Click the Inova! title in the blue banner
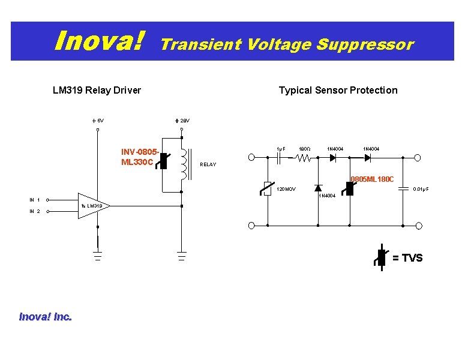(100, 41)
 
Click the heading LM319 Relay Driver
(97, 90)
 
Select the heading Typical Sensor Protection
(338, 90)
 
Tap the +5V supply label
(98, 121)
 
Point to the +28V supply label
(182, 121)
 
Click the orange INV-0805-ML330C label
(140, 158)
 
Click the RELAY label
(208, 164)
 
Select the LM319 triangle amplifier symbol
(92, 206)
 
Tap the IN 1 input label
(35, 200)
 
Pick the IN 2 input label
(35, 211)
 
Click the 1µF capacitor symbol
(280, 158)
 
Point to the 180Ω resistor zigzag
(302, 158)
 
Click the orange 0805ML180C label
(372, 179)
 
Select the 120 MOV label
(286, 190)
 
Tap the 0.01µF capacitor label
(421, 190)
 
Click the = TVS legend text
(407, 258)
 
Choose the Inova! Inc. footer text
(45, 316)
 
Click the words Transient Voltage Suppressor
(287, 44)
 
